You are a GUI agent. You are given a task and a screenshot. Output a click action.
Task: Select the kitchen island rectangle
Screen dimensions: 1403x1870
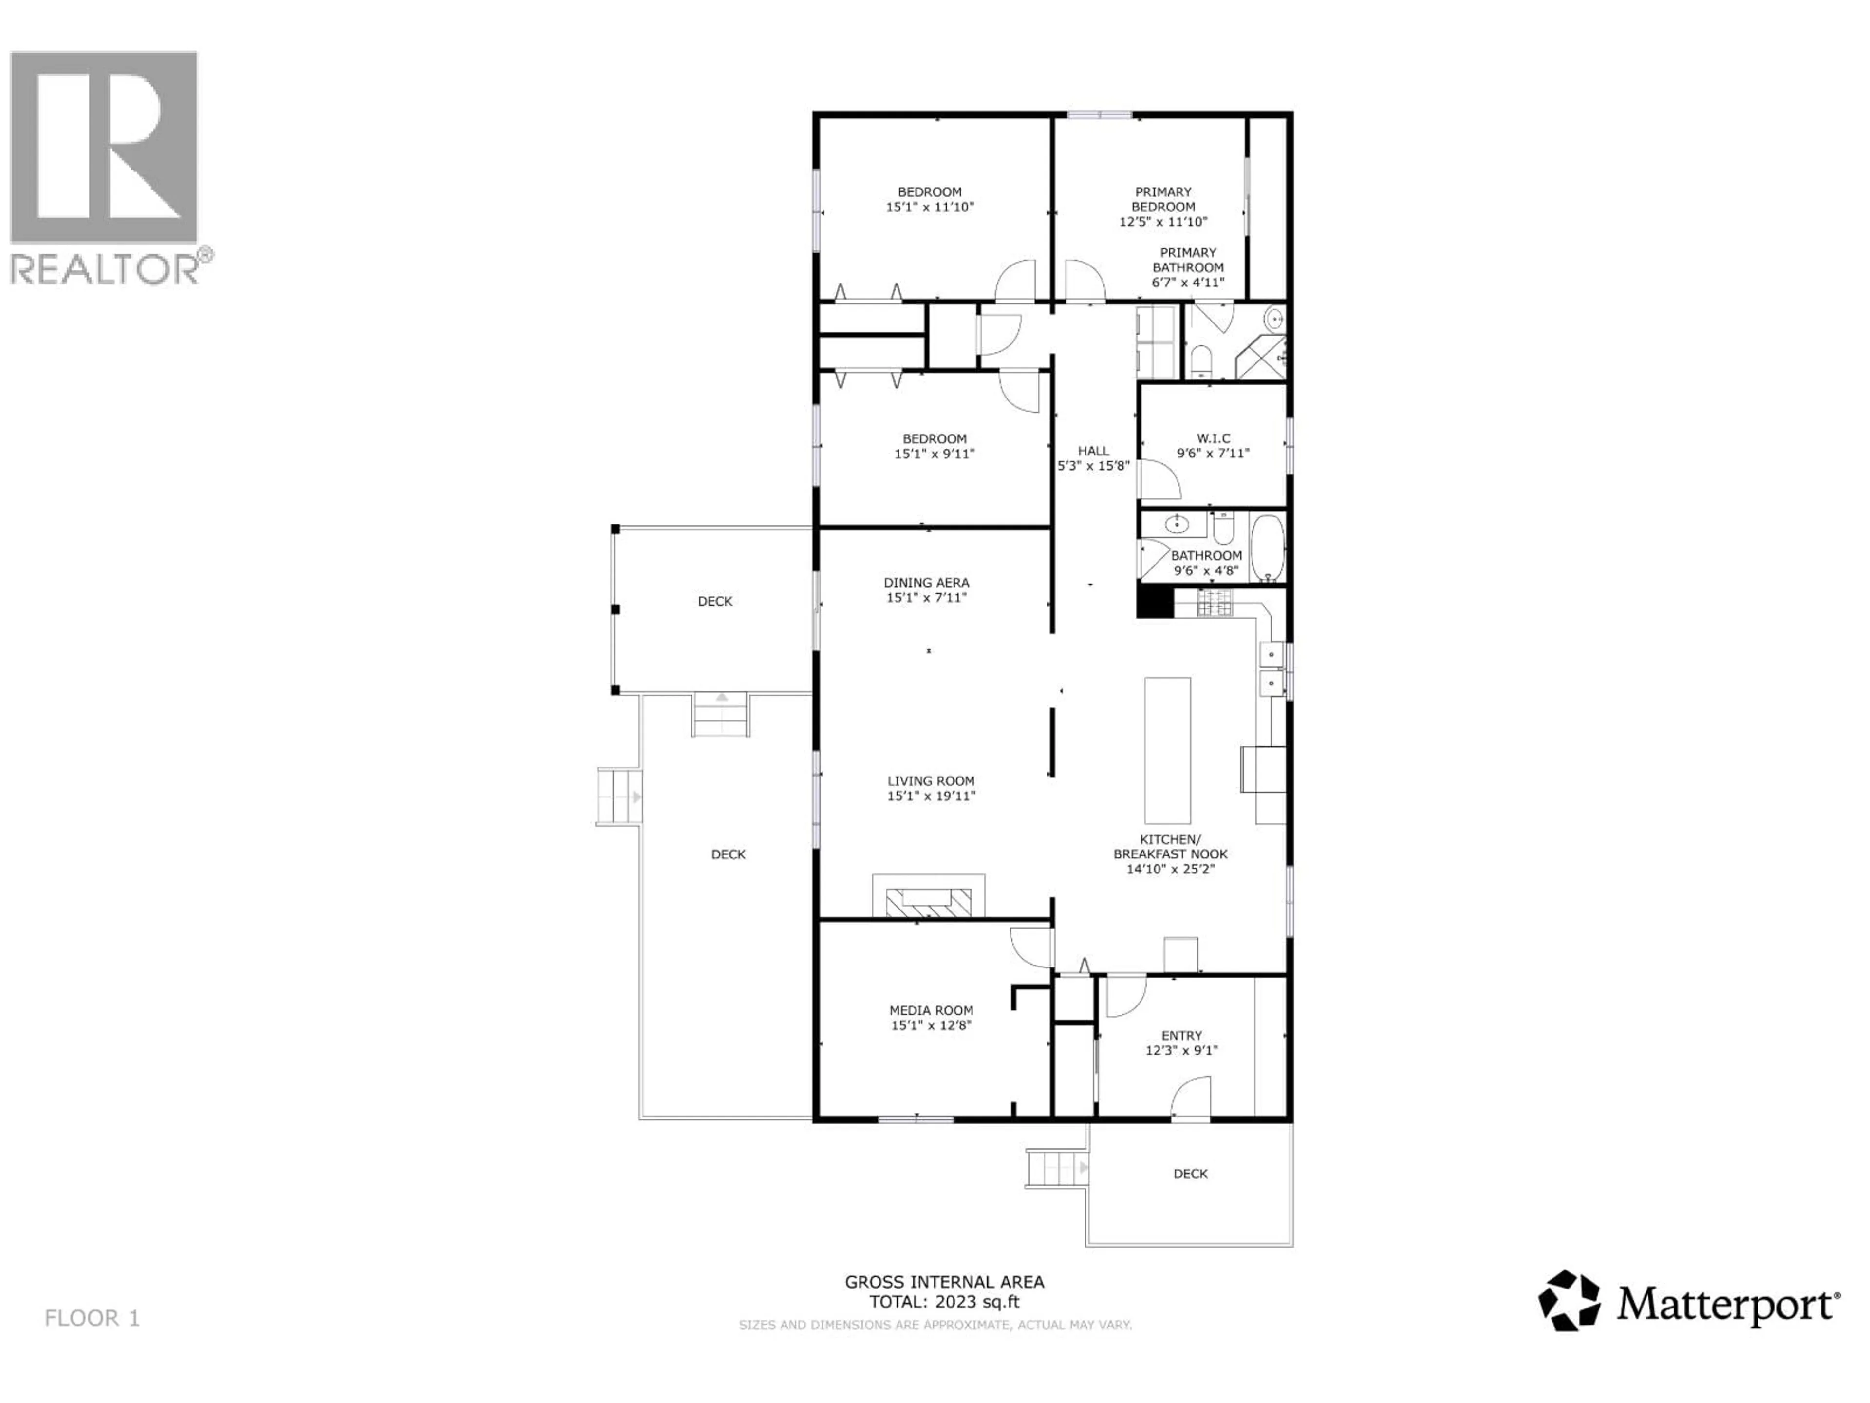pos(1167,750)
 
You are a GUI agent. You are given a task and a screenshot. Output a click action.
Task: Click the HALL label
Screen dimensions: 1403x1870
pos(1093,451)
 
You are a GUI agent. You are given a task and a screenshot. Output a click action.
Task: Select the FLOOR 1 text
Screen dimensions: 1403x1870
pos(92,1318)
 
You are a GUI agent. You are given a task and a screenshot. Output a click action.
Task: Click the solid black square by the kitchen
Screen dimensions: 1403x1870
pos(1154,602)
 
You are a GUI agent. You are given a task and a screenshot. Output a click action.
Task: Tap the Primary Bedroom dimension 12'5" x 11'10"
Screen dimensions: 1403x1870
pos(1163,222)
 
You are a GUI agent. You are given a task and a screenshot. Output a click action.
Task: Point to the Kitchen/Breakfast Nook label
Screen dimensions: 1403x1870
pos(1170,847)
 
